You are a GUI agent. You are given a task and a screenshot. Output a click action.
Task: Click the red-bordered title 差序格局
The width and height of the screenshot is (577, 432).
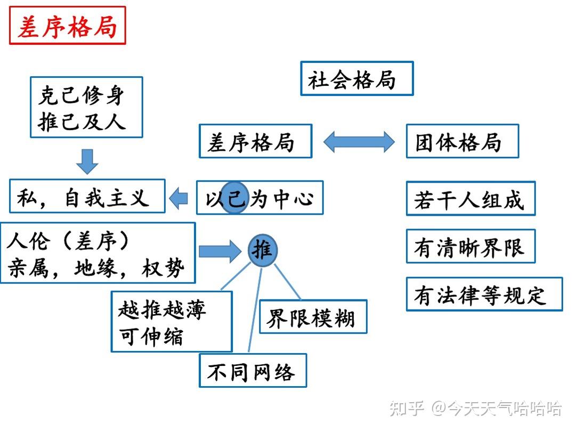(68, 26)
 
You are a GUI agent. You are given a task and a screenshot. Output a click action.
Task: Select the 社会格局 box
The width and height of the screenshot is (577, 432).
(356, 79)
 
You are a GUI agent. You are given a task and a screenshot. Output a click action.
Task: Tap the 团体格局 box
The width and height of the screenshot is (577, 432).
(462, 141)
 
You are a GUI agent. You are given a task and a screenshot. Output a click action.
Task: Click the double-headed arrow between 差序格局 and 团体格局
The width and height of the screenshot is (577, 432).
(359, 142)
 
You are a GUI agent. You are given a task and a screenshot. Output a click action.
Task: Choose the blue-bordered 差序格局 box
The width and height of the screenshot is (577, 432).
(255, 141)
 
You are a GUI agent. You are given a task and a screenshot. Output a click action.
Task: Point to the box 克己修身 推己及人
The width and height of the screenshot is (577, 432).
(86, 107)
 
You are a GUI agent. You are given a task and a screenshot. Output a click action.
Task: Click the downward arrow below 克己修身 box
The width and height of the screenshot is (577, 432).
(87, 161)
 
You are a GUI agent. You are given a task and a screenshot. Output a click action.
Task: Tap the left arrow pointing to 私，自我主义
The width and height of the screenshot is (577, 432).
(179, 198)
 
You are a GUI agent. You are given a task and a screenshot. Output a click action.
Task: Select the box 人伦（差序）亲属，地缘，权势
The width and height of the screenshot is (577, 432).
(97, 252)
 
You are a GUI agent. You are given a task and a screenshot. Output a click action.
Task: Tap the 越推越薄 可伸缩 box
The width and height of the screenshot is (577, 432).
(172, 321)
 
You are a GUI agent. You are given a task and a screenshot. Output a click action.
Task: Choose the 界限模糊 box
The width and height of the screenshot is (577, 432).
(313, 317)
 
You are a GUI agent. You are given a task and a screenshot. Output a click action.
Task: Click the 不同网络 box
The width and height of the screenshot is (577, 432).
(253, 370)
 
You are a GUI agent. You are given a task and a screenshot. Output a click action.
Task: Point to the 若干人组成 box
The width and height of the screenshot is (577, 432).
(470, 198)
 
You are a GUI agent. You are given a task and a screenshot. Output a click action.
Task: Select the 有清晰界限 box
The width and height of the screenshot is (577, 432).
(470, 246)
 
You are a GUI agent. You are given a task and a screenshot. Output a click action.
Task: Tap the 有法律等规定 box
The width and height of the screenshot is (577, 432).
(484, 294)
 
